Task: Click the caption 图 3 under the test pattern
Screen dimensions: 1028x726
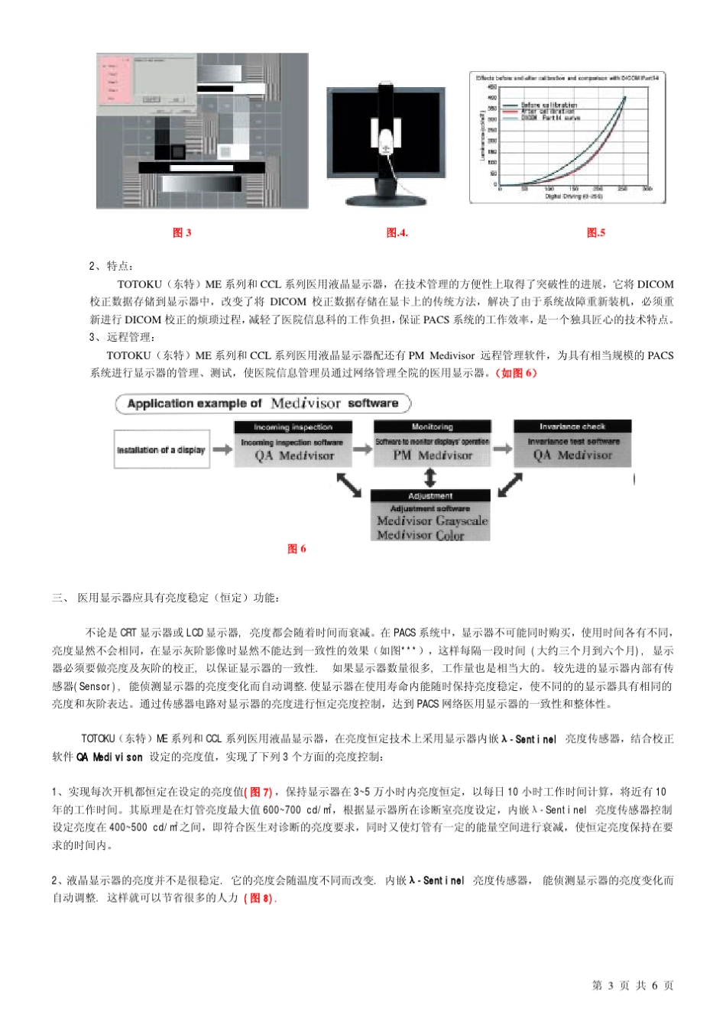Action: click(182, 232)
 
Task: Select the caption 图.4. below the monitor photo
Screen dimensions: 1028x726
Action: click(397, 232)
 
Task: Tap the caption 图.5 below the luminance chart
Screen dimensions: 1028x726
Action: click(596, 232)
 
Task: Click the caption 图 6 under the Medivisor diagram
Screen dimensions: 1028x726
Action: click(297, 549)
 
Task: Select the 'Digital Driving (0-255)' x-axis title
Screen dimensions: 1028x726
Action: click(574, 196)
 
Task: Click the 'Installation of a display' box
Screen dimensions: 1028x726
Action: click(161, 449)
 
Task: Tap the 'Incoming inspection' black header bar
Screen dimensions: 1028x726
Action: click(293, 427)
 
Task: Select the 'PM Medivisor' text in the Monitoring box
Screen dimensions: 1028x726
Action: click(433, 456)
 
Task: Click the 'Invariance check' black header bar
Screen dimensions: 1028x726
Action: click(572, 426)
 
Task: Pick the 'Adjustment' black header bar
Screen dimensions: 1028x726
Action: click(430, 496)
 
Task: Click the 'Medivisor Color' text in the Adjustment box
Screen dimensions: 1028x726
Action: click(421, 535)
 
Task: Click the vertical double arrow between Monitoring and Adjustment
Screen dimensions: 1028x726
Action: click(430, 478)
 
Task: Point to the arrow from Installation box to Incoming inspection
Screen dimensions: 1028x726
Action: click(222, 449)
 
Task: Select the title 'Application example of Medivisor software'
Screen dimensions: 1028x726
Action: click(263, 404)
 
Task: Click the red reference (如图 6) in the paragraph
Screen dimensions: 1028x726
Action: click(517, 373)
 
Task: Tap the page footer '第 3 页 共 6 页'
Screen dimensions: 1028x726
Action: click(633, 985)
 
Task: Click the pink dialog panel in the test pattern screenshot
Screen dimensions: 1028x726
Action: click(115, 82)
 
